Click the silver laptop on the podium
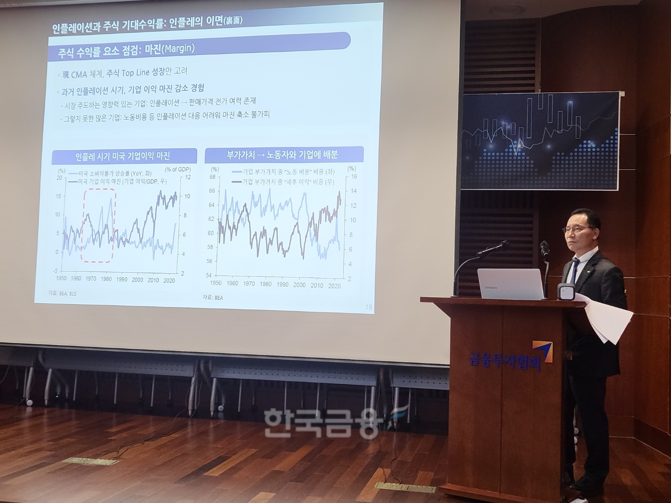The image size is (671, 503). click(x=510, y=284)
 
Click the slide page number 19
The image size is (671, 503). click(x=369, y=307)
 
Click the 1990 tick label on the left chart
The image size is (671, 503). click(x=122, y=280)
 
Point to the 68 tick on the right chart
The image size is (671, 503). click(x=212, y=177)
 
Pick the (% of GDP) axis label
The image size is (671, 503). click(x=177, y=170)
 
